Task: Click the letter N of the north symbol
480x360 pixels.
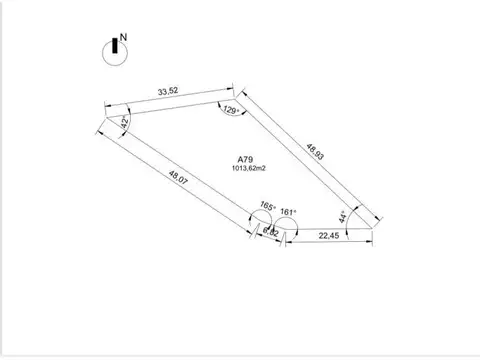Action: (123, 41)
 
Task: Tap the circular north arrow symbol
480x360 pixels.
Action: (114, 53)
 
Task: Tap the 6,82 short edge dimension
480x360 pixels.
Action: (271, 232)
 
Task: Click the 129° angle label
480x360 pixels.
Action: (231, 111)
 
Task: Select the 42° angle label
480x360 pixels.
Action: (124, 123)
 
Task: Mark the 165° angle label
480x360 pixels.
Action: (267, 207)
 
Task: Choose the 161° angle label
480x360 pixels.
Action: (288, 212)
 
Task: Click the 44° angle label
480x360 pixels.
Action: (343, 215)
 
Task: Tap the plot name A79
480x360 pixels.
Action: (245, 158)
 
